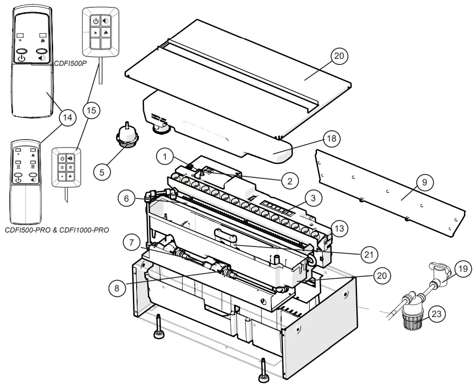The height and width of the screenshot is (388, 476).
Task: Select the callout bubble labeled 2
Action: pos(290,181)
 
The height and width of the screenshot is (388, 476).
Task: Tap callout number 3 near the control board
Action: pos(313,198)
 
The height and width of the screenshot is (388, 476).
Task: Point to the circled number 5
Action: pos(102,171)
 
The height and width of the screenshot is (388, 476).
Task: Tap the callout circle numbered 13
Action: pos(339,228)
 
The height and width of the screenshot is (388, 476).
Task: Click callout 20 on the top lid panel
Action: pos(340,56)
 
